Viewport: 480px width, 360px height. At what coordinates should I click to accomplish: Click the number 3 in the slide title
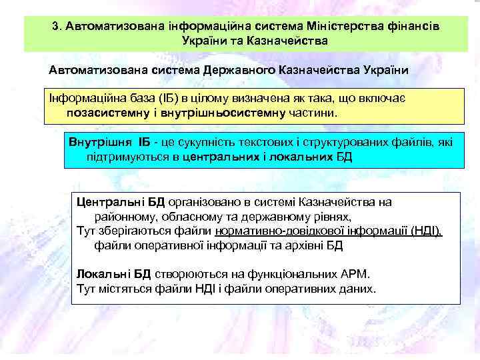(x=55, y=27)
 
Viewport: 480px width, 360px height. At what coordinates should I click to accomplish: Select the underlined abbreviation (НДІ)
(x=427, y=231)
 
